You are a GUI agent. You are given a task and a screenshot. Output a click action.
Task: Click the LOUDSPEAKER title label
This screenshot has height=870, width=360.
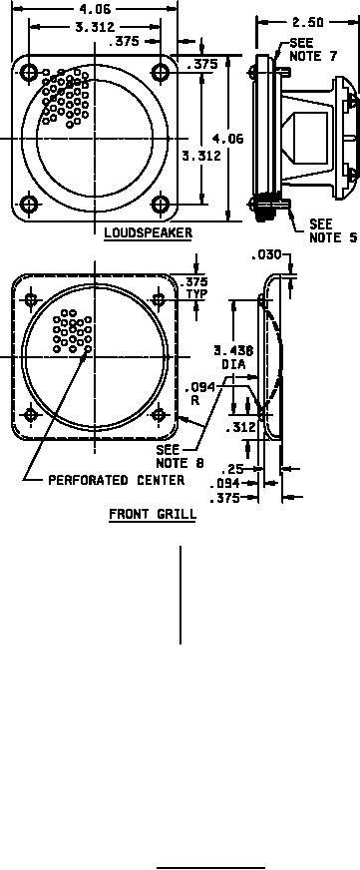[149, 233]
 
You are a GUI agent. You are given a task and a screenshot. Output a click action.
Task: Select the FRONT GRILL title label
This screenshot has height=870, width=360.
[153, 514]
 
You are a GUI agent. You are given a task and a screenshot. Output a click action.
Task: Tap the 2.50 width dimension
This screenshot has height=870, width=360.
[309, 22]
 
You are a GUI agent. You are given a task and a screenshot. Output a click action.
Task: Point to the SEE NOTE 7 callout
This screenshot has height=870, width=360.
[313, 50]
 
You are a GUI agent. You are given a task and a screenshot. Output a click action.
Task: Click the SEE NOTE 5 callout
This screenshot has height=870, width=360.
[332, 230]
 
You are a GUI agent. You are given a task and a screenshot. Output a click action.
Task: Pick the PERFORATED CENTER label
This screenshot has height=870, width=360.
[117, 480]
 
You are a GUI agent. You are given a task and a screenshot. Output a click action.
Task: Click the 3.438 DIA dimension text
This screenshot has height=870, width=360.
[233, 357]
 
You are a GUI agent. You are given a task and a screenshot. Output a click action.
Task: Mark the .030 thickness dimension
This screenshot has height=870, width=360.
[267, 255]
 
